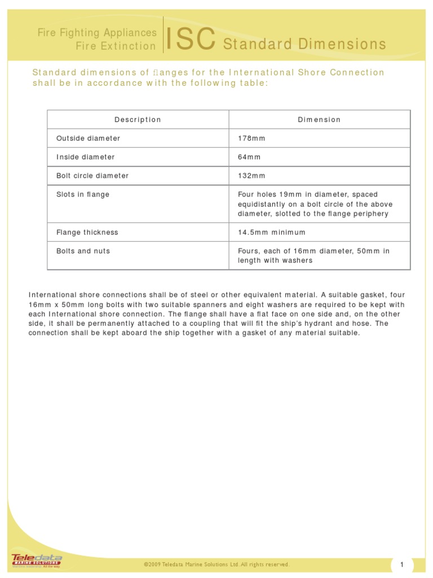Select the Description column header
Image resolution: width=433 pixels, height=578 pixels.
[x=138, y=120]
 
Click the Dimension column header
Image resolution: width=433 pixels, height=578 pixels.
[x=319, y=120]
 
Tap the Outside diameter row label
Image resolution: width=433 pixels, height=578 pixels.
[x=88, y=138]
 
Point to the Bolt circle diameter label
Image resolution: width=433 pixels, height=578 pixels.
[x=92, y=176]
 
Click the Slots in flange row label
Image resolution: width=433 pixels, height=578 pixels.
[x=83, y=194]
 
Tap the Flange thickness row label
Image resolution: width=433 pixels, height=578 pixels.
[x=87, y=232]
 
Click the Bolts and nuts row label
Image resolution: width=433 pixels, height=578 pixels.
[x=83, y=251]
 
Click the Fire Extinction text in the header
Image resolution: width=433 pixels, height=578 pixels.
[x=116, y=46]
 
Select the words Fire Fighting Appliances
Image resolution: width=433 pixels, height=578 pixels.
[x=96, y=33]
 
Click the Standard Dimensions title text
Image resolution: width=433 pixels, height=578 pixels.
[x=304, y=44]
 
